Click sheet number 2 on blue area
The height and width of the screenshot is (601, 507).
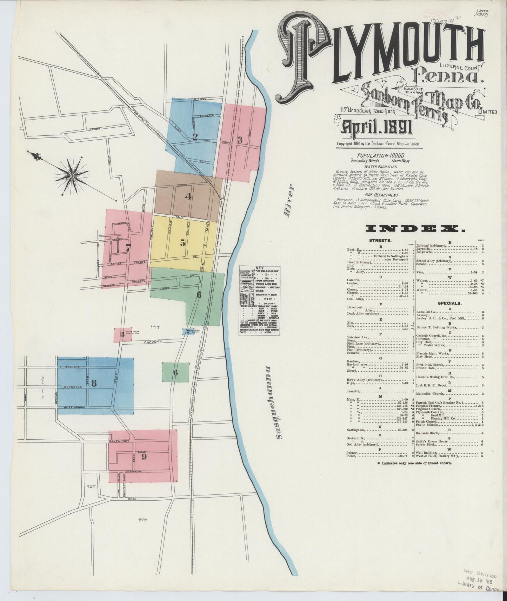click(195, 137)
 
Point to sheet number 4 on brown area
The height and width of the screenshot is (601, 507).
click(188, 196)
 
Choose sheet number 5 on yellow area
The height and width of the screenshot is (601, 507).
click(182, 242)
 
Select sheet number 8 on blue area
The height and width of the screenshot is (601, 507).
click(93, 383)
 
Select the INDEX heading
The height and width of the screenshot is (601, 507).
click(415, 229)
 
